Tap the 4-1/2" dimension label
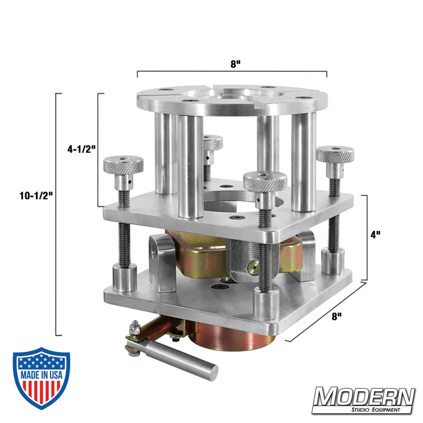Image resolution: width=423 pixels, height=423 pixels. click(x=81, y=149)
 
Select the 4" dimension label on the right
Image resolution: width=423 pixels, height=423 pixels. click(x=376, y=235)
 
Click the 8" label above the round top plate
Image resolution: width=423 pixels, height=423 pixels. click(x=236, y=64)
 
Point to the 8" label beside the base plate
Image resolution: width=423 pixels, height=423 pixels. click(x=337, y=316)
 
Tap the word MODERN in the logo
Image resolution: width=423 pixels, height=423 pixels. click(x=364, y=396)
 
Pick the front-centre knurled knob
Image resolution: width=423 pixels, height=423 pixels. click(x=265, y=181)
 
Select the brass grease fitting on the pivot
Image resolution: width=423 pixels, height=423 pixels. click(x=252, y=266)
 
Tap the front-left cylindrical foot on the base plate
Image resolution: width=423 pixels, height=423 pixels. click(x=124, y=277)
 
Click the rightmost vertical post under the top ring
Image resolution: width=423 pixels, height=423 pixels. click(x=303, y=161)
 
